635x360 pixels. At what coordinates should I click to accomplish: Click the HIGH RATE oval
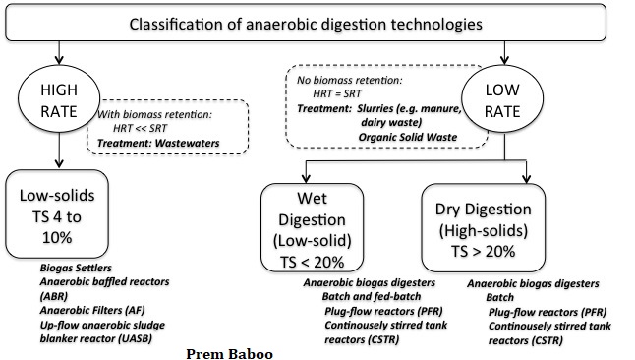(59, 98)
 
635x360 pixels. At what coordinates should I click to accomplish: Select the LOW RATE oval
(502, 98)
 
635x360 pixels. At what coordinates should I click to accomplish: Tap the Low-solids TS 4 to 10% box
(57, 213)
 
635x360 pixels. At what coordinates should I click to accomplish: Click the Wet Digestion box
(312, 227)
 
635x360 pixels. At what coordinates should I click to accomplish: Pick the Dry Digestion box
(484, 227)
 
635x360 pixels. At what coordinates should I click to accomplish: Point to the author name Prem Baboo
(229, 354)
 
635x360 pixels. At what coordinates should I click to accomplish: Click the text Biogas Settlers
(76, 268)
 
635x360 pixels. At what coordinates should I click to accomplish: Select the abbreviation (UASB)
(136, 339)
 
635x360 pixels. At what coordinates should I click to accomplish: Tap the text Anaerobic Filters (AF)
(92, 311)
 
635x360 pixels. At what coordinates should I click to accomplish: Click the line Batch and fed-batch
(372, 297)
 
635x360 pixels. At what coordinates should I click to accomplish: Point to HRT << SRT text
(140, 129)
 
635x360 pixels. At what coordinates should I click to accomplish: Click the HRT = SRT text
(336, 94)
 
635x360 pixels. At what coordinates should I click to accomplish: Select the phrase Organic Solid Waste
(407, 137)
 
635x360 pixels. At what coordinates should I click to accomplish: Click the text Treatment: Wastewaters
(158, 143)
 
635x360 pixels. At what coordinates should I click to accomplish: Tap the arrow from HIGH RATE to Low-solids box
(59, 150)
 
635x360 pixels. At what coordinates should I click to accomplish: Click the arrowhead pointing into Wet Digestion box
(306, 178)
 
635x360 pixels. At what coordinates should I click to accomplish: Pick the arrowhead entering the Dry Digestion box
(526, 178)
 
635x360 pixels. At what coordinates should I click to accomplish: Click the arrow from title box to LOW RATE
(504, 53)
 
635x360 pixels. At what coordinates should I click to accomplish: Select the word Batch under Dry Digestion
(499, 298)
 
